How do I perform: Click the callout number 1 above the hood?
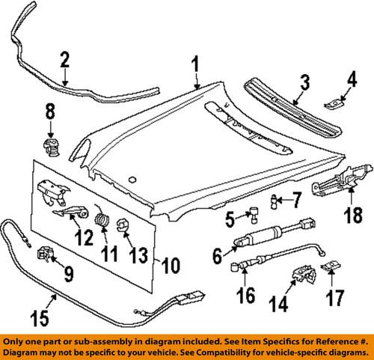pos(197,69)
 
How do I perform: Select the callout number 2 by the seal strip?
pos(65,61)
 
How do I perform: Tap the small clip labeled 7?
pos(276,198)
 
